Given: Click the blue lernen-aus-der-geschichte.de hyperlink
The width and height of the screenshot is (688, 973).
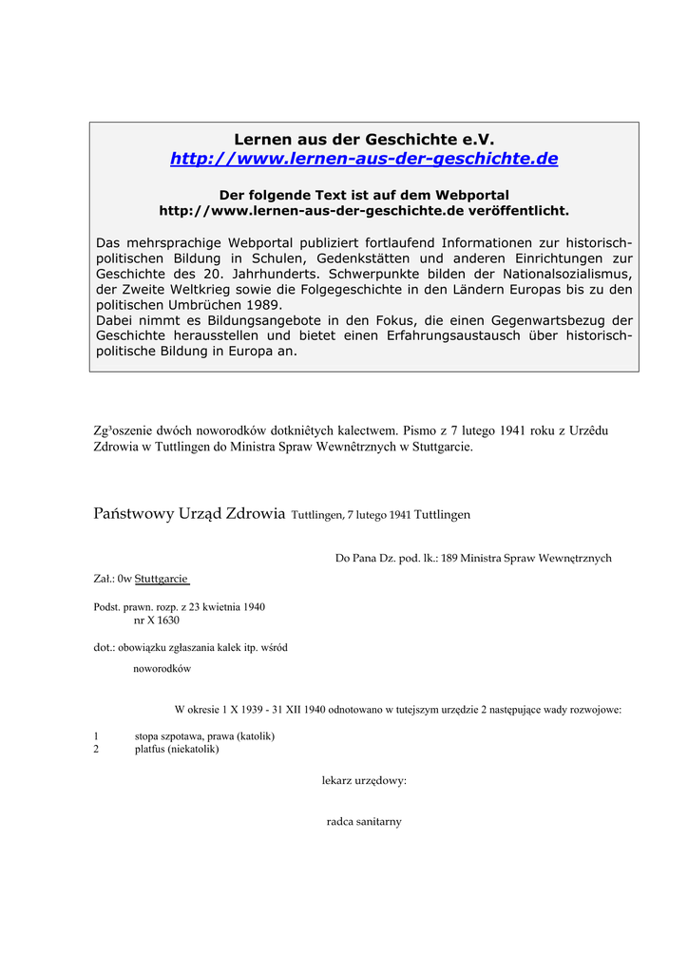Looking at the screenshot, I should pos(364,159).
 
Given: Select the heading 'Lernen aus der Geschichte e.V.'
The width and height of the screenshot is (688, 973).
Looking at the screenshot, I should pos(364,139).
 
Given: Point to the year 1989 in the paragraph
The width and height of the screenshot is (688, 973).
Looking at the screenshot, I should pos(262,305).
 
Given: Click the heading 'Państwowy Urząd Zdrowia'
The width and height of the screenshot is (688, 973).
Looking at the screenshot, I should pos(189,514).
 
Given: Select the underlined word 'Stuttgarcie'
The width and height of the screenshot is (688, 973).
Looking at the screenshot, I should pos(162,578).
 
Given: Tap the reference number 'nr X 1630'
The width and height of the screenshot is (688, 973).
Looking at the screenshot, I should pos(157,620).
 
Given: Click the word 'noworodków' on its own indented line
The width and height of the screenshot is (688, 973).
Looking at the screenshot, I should pos(162,668).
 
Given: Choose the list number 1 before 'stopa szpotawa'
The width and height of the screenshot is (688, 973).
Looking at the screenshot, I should pos(96,735).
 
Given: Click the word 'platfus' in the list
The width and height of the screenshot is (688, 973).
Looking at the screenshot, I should pos(149,749).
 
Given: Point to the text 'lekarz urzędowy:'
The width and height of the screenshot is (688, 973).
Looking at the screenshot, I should pos(364,780).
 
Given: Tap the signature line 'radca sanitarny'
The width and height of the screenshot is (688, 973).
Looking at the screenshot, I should pos(364,821).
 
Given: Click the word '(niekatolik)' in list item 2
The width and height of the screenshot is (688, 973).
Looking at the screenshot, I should pos(193,749).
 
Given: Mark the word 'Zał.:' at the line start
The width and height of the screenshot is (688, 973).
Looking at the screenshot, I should pos(105,578).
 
